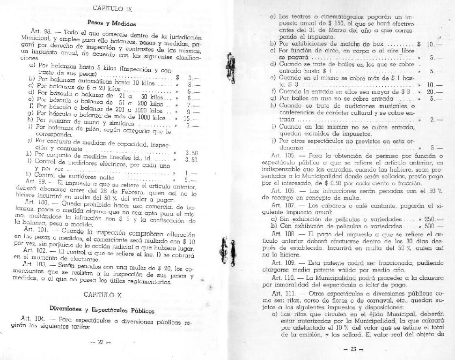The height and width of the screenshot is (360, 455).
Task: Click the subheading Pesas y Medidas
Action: pos(111,23)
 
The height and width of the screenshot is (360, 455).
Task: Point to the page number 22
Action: pos(100,343)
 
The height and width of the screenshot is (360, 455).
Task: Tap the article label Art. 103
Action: pos(33,265)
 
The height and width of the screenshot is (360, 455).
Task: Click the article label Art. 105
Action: pos(282,155)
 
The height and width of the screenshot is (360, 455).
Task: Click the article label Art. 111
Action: pos(282,292)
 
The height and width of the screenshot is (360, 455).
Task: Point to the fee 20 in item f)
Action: pos(431,92)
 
